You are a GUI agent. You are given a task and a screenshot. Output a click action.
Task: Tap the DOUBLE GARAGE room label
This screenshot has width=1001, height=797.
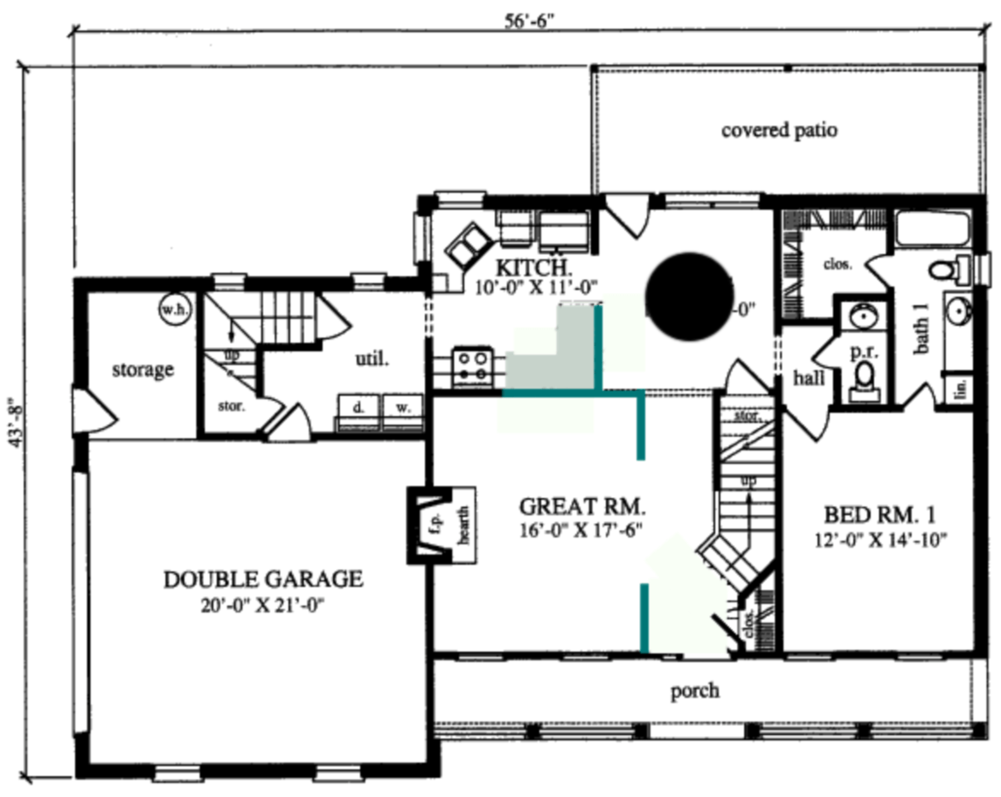(262, 579)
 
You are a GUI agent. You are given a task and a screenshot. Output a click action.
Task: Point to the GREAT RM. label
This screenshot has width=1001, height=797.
(581, 506)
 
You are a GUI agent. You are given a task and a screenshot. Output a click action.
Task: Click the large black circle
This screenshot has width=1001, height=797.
(688, 296)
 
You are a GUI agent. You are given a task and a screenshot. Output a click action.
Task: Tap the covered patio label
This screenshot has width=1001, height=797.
(779, 130)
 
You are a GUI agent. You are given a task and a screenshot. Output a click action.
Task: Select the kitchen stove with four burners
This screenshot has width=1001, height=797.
(473, 366)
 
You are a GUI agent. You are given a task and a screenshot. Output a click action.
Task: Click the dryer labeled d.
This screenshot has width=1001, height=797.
(358, 408)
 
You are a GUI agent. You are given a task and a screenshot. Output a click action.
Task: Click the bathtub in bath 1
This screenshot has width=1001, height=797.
(933, 229)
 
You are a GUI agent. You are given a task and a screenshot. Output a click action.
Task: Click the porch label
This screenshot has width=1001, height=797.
(695, 691)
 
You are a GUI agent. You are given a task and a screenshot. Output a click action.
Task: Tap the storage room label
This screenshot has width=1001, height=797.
(143, 370)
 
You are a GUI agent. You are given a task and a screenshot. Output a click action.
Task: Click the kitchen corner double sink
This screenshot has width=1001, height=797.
(469, 244)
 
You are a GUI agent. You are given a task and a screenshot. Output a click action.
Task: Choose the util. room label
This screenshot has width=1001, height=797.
(372, 357)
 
